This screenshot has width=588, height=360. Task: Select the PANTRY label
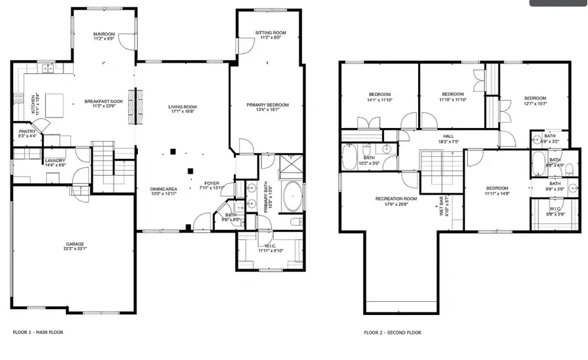click(x=27, y=131)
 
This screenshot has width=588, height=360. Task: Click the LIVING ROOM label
click(x=182, y=106)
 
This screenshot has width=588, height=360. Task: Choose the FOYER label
click(x=212, y=182)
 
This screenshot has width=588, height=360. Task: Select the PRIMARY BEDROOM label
click(x=267, y=105)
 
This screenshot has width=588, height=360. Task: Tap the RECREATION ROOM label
click(x=396, y=198)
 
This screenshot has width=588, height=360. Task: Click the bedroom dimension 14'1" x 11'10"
click(x=380, y=100)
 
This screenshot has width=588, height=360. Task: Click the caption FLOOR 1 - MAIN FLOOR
click(x=38, y=333)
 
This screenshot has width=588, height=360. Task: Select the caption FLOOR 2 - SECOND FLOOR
click(x=393, y=333)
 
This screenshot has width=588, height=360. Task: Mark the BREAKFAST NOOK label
click(x=105, y=101)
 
